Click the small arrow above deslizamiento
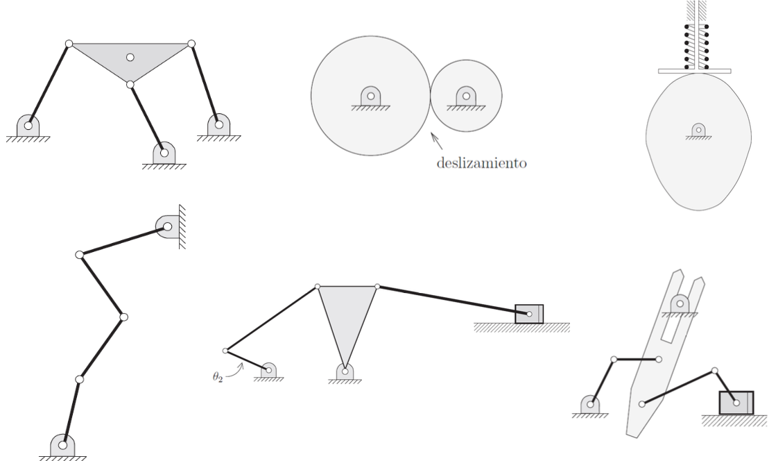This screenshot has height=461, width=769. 437,140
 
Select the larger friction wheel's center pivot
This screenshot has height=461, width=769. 370,96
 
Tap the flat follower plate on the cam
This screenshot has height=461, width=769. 695,70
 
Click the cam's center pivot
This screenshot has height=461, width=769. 698,129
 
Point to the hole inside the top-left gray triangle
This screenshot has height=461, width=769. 130,57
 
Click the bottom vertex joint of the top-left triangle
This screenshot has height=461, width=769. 130,85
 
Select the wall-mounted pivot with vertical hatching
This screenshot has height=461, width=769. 166,226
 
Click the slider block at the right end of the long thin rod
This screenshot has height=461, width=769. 529,314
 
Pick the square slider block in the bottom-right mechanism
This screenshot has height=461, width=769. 735,402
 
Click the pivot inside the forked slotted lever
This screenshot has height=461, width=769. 680,303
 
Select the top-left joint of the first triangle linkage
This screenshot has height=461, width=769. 69,44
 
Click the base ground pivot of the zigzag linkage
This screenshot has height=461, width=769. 63,444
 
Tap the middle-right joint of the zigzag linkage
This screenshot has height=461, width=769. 123,317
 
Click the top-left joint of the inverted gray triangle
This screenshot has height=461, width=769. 318,286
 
